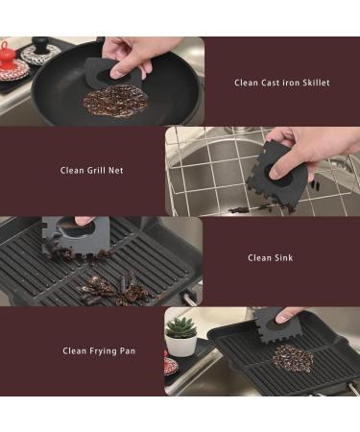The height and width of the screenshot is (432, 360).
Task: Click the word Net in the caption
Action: [116, 170]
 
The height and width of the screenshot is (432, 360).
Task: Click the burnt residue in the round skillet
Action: [115, 100]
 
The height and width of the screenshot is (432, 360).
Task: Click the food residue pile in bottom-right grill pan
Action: [293, 357]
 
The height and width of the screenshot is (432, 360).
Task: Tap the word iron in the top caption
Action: [289, 83]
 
